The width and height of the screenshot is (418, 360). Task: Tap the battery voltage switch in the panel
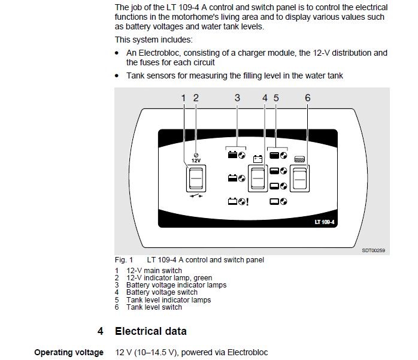[258, 178]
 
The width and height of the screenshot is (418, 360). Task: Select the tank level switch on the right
[299, 178]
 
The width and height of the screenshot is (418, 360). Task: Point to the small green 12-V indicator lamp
[196, 155]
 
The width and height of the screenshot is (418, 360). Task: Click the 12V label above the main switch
[196, 161]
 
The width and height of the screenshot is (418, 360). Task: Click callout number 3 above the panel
[237, 97]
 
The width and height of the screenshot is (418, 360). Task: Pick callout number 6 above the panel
[307, 97]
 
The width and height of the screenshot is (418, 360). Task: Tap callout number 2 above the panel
[195, 97]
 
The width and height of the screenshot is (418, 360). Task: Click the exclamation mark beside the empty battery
[247, 202]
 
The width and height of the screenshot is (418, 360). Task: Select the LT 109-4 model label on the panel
[326, 222]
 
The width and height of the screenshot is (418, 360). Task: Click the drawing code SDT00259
[373, 250]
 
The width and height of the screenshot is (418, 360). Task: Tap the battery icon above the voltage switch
[258, 159]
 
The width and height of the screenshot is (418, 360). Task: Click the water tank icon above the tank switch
[300, 159]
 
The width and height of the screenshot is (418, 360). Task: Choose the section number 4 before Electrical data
[101, 331]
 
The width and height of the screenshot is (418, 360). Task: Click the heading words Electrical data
[150, 331]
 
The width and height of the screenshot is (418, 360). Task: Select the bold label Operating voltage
[69, 352]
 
